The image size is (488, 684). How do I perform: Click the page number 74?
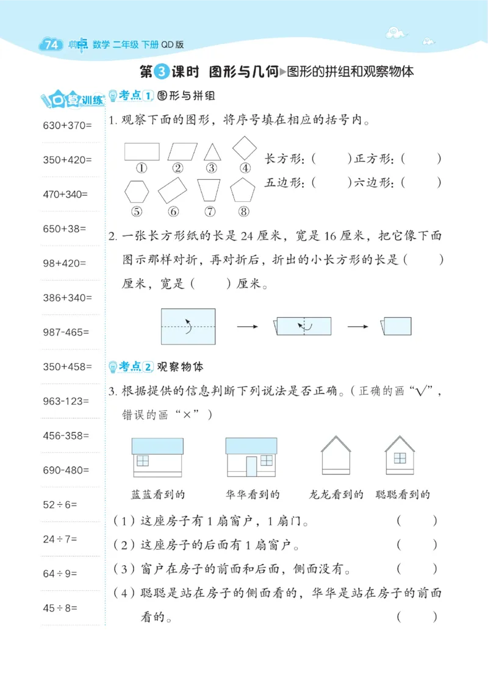[x=51, y=45]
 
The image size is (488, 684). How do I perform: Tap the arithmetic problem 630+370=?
[x=66, y=126]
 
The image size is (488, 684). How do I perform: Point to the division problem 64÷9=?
[x=65, y=574]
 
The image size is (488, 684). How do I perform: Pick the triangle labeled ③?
[x=212, y=151]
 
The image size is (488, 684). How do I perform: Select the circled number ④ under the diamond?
[x=245, y=168]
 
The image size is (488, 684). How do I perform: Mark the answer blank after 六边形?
[x=422, y=182]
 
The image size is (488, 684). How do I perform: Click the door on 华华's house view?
[x=251, y=466]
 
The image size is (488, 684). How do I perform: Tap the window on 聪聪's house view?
[x=400, y=458]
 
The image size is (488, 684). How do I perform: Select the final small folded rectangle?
[x=401, y=327]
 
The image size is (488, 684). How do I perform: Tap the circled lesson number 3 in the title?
[x=160, y=72]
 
